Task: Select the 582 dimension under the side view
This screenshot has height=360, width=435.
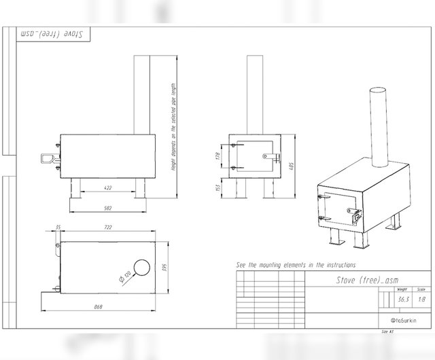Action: pos(107,208)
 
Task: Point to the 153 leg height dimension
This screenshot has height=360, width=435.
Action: pos(220,187)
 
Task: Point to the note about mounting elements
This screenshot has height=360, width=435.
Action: pos(295,264)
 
